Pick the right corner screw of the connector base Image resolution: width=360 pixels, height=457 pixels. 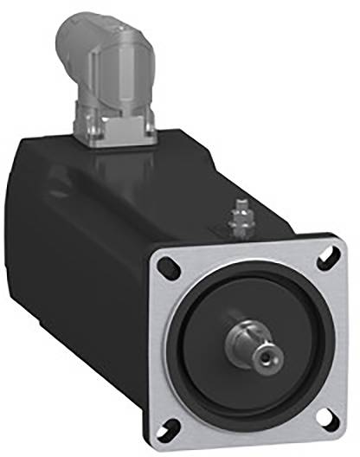pos(148,131)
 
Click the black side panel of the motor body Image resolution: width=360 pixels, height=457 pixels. pos(78,286)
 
